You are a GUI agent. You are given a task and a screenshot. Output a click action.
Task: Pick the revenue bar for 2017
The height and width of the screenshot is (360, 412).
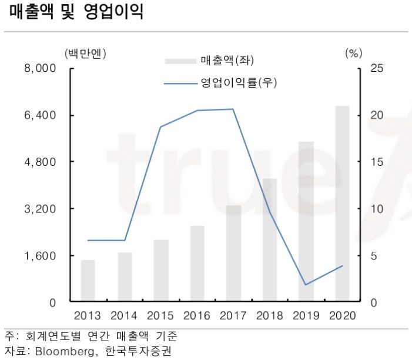coord(233,254)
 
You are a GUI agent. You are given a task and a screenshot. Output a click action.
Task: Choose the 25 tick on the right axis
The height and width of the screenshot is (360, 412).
coord(377,68)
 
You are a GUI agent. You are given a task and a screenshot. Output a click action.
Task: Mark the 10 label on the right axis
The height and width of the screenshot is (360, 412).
coord(377,209)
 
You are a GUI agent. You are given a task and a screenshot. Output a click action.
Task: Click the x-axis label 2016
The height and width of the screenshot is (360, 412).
coord(197,316)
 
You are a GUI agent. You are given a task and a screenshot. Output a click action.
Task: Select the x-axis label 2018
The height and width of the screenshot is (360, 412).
coord(270,316)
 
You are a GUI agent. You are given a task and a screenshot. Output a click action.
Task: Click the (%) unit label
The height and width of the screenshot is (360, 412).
coord(353,54)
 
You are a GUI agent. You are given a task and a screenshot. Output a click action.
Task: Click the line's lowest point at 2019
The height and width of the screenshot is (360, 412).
coord(306,285)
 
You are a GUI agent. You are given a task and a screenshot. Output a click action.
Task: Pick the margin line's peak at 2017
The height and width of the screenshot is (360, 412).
coord(233,109)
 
